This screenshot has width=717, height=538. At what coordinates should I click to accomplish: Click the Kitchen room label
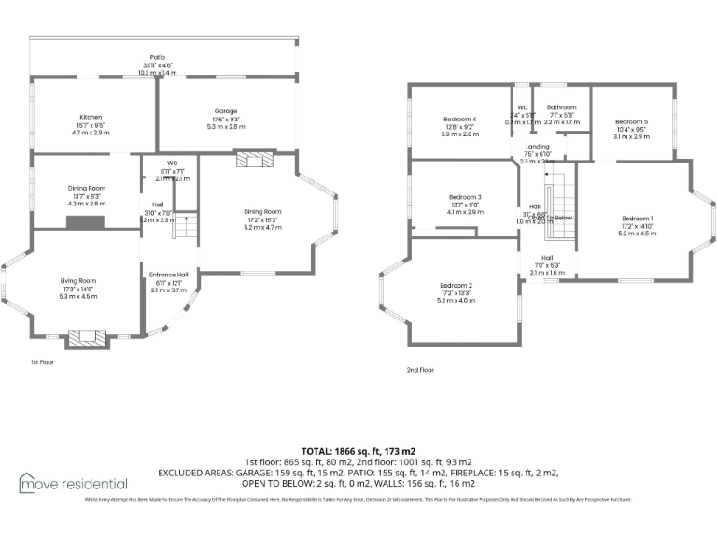(x=91, y=117)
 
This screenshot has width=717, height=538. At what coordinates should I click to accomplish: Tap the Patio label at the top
(x=157, y=57)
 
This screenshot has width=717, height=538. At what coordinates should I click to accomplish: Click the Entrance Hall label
(x=169, y=275)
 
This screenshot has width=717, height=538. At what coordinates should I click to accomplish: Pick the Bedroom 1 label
(x=638, y=219)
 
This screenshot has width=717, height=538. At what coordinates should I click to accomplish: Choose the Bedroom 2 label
(x=457, y=285)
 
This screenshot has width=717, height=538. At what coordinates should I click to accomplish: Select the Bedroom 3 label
(x=465, y=197)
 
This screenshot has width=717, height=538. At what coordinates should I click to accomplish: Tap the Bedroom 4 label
(x=459, y=120)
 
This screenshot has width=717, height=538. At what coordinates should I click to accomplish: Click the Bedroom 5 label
(x=631, y=121)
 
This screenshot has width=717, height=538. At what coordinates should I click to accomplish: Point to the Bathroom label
(x=561, y=107)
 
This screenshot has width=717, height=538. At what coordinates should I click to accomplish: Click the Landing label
(x=538, y=147)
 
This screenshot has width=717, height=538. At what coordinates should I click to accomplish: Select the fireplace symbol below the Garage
(x=253, y=160)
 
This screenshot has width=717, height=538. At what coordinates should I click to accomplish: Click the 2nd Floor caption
(x=420, y=370)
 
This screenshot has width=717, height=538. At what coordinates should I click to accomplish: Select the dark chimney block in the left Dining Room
(x=86, y=222)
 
